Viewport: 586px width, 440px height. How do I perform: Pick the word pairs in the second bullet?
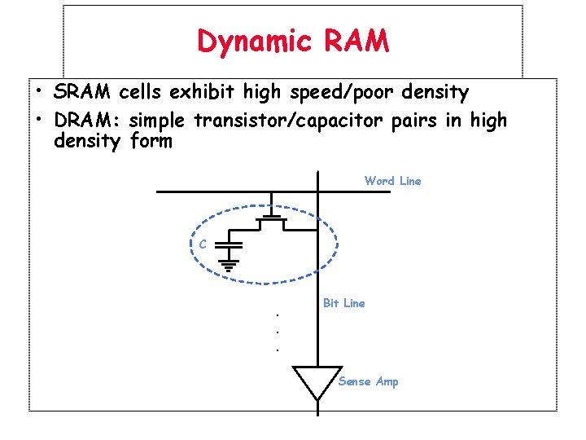tap(413, 121)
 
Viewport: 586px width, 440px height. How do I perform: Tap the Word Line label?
tap(392, 181)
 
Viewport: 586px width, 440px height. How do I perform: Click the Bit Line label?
tap(343, 303)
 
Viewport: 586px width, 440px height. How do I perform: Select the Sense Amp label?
tap(368, 381)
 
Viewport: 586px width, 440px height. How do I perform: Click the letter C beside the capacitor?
tap(203, 244)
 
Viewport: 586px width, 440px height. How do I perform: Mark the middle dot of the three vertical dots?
tap(278, 332)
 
